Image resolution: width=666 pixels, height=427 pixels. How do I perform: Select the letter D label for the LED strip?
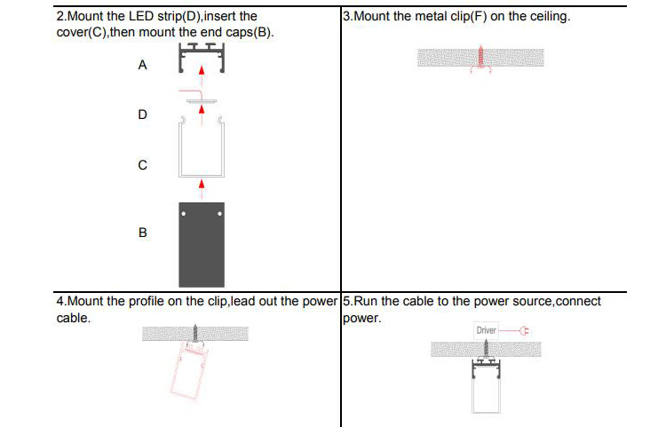point(142,115)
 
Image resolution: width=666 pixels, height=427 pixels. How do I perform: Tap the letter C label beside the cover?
point(142,165)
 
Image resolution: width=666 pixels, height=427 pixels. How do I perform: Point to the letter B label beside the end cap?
point(142,233)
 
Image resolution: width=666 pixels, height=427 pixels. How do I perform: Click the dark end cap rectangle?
point(202,240)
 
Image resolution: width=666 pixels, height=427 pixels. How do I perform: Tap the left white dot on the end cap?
point(184,213)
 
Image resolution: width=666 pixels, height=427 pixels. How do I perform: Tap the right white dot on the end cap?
point(218,213)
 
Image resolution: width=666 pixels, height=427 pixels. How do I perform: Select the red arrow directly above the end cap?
point(202,185)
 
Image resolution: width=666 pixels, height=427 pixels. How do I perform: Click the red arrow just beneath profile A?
point(202,72)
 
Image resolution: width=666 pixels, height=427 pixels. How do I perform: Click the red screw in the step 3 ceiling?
point(480,58)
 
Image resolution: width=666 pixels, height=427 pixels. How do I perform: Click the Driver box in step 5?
point(487,330)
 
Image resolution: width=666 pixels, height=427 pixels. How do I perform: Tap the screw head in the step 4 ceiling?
point(195,329)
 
